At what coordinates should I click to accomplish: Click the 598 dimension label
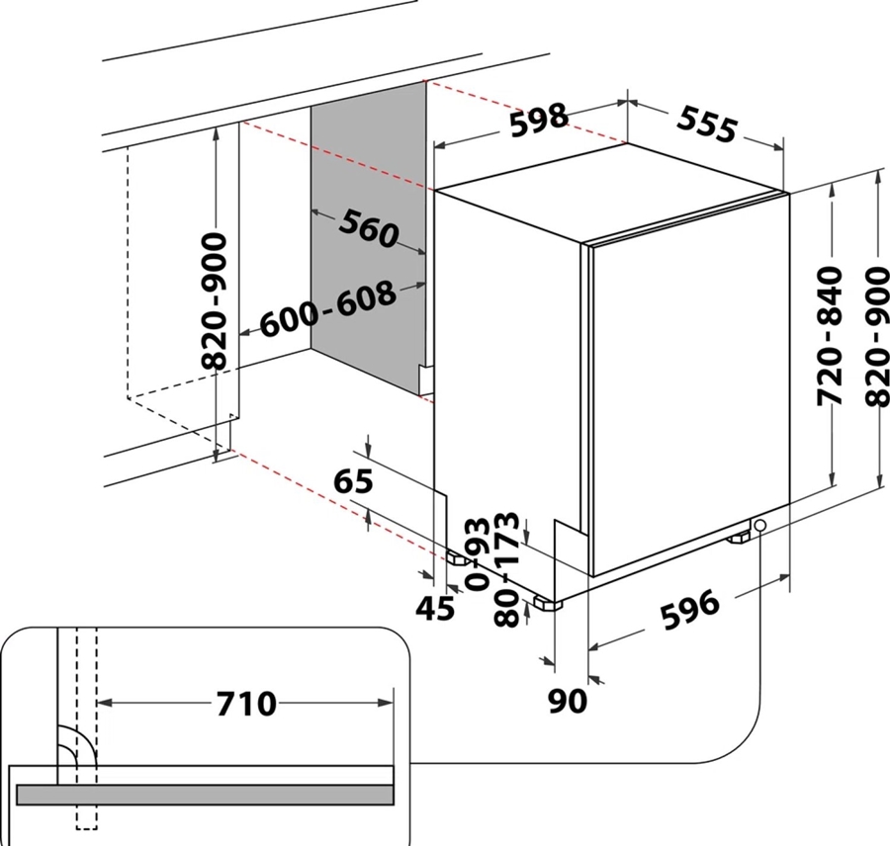[538, 120]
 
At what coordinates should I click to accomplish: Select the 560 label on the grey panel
[369, 228]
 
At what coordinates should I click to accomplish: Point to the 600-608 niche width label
[327, 309]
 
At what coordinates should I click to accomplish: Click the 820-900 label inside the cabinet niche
[215, 300]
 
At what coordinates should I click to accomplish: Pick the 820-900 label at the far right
[876, 337]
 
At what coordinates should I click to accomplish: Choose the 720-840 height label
[830, 336]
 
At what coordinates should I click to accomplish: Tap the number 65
[353, 480]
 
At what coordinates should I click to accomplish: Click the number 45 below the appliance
[435, 608]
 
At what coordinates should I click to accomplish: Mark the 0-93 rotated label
[477, 554]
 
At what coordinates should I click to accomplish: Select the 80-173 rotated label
[506, 569]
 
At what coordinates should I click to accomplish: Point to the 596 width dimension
[689, 610]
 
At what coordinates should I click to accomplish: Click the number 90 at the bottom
[568, 701]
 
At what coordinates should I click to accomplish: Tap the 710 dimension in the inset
[246, 704]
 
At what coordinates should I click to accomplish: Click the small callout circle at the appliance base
[759, 526]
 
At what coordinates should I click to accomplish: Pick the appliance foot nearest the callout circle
[738, 536]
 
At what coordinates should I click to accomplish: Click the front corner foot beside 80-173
[548, 603]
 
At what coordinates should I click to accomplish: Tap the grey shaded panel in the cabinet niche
[369, 238]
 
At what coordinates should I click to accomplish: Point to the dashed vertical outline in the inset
[87, 728]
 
